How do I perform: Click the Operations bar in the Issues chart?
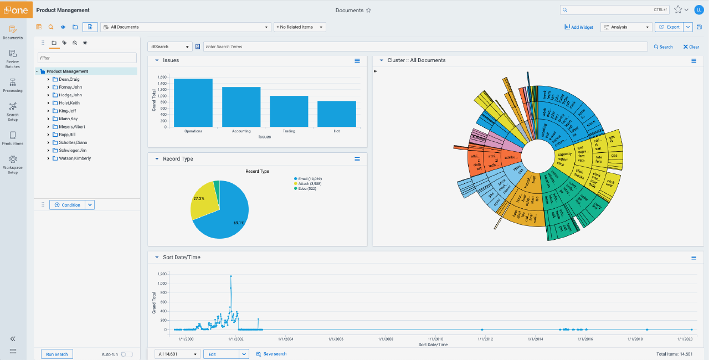point(193,102)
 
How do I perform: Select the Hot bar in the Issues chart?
point(337,114)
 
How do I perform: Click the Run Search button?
point(57,354)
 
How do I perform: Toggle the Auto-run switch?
point(127,354)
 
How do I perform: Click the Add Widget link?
point(578,27)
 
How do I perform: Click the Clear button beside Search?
point(691,47)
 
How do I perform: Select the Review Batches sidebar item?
point(13,58)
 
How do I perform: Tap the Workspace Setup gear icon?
point(13,160)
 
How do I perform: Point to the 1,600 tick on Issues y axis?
point(162,78)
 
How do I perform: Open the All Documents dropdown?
point(185,27)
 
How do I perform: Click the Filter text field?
point(87,58)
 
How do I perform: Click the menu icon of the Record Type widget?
point(357,159)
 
